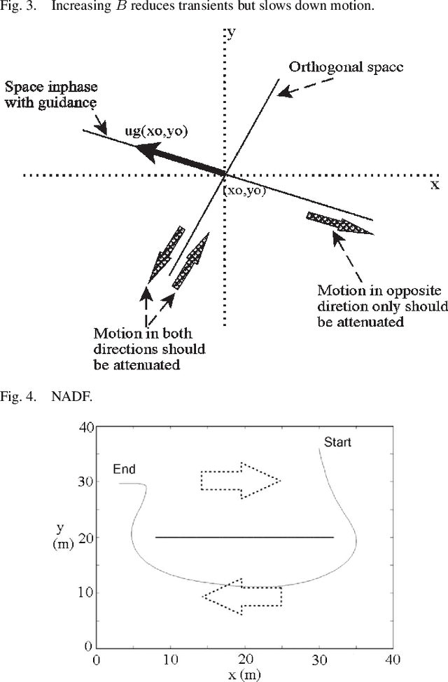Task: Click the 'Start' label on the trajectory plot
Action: (337, 442)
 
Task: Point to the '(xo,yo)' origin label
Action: (244, 190)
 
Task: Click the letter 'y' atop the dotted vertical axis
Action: (230, 34)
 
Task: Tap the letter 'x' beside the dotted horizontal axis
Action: (434, 185)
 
